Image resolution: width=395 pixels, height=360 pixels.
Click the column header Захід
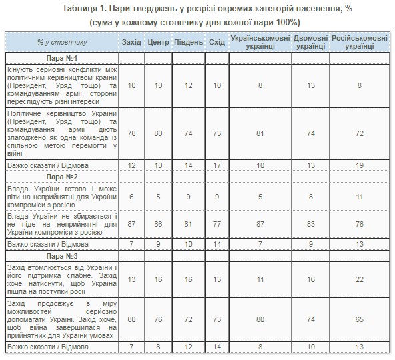131,42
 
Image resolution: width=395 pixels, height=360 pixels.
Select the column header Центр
159,42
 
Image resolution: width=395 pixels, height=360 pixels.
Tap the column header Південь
187,42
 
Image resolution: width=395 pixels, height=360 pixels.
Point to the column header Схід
216,42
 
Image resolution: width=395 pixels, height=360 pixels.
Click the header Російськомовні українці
361,42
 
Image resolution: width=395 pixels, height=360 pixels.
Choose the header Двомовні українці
312,42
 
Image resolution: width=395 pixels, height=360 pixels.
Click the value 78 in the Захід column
131,134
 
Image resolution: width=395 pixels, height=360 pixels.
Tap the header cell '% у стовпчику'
63,42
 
